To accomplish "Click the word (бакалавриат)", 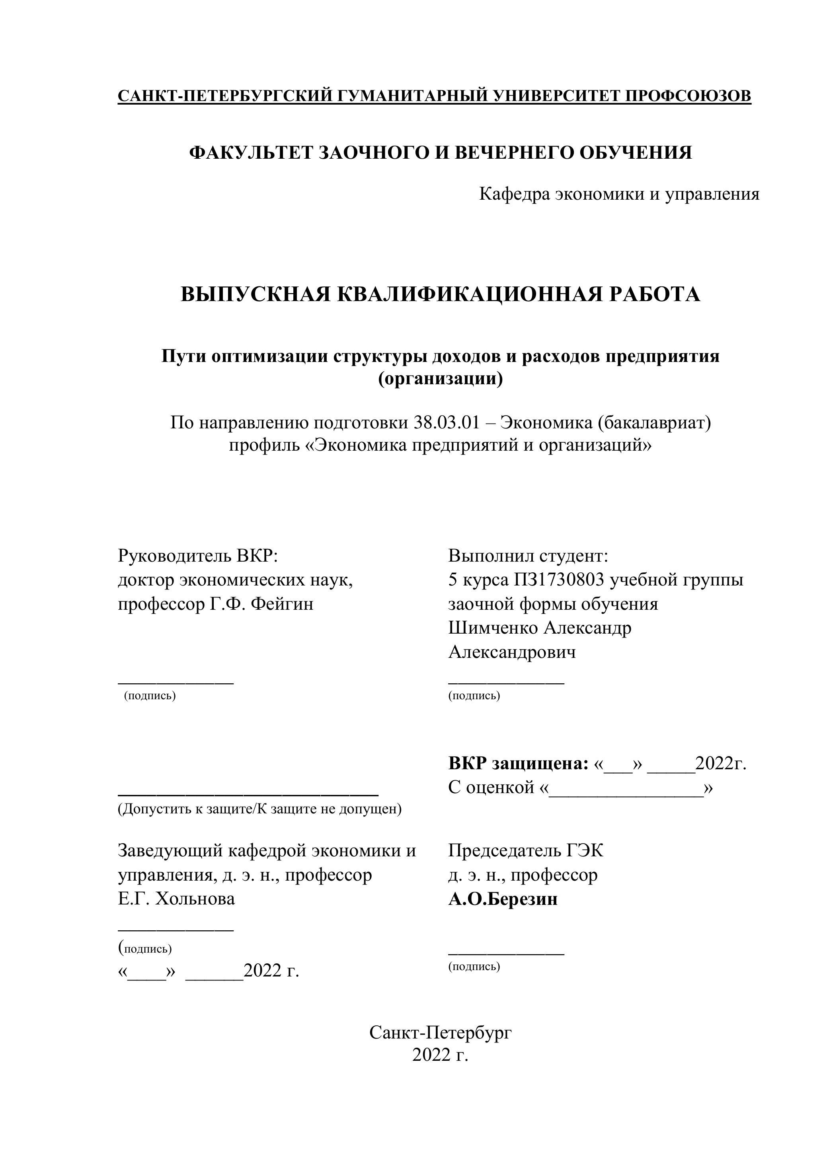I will click(x=654, y=422).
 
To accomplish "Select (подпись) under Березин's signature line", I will click(x=474, y=967).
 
